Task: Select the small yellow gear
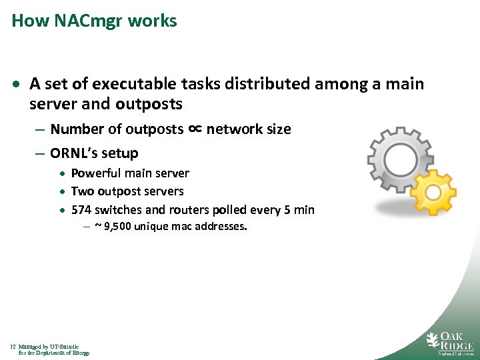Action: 433,192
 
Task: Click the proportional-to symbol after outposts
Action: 195,129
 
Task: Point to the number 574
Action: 81,209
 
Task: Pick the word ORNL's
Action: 73,153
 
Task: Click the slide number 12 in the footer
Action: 13,347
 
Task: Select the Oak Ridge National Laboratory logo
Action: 450,343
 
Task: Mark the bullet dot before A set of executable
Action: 17,85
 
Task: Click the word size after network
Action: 277,129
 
